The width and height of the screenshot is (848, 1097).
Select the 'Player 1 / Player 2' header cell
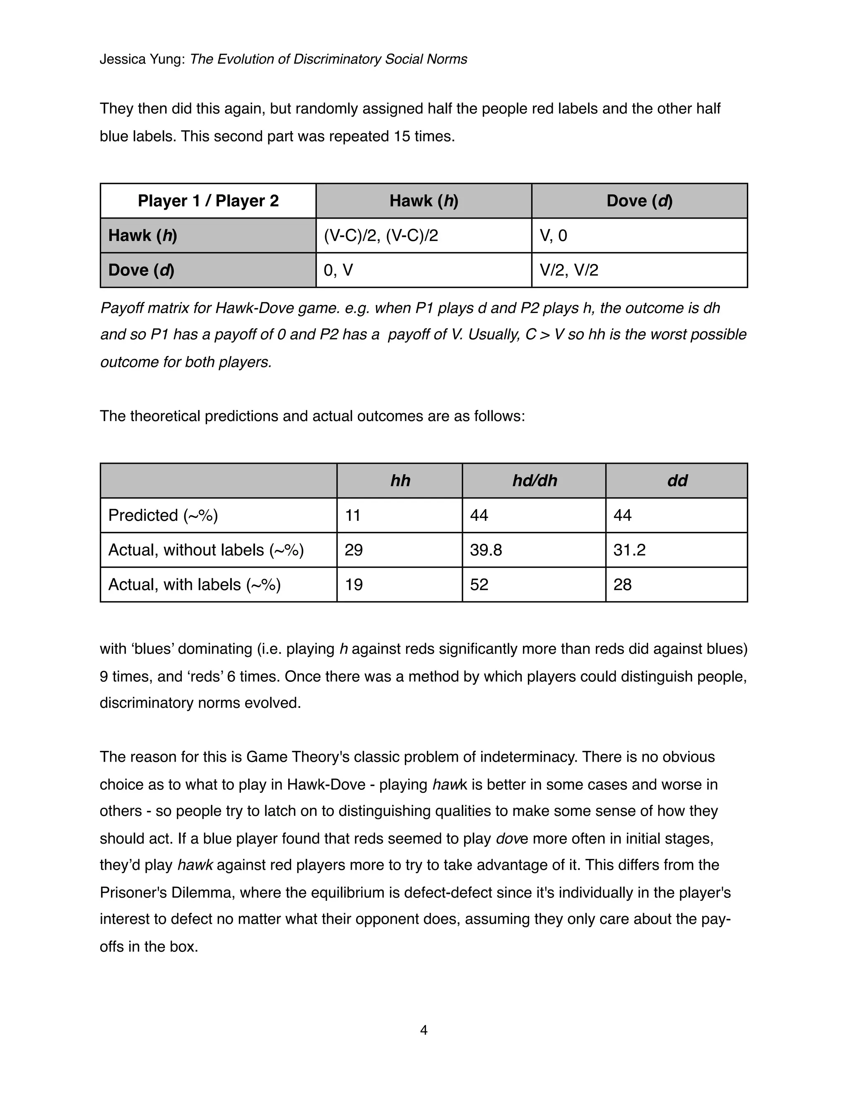pyautogui.click(x=208, y=201)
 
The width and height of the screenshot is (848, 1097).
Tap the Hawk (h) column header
pyautogui.click(x=424, y=201)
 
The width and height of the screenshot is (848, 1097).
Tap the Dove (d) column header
pyautogui.click(x=639, y=201)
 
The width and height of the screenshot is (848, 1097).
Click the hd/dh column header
pyautogui.click(x=535, y=481)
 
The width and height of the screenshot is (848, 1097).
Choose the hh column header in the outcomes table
pyautogui.click(x=400, y=481)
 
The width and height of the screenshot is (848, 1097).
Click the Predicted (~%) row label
pyautogui.click(x=163, y=515)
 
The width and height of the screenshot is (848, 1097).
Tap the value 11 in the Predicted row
pyautogui.click(x=353, y=515)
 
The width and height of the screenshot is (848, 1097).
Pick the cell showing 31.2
pyautogui.click(x=629, y=550)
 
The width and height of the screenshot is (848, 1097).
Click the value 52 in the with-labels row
pyautogui.click(x=479, y=585)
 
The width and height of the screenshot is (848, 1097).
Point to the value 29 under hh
pyautogui.click(x=354, y=550)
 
